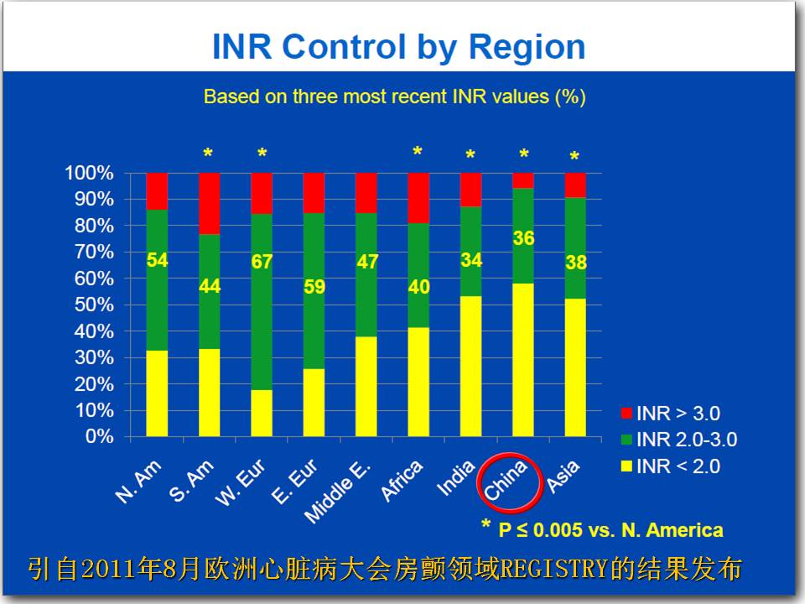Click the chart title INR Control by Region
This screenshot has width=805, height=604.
pos(399,47)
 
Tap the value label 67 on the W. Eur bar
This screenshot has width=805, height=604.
pos(262,262)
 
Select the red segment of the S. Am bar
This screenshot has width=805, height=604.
pos(210,203)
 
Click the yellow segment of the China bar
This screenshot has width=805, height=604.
pos(523,360)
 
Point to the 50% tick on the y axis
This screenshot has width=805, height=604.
pos(94,305)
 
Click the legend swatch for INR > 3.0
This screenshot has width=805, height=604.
pos(626,413)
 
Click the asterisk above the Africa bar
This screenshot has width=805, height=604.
pos(418,151)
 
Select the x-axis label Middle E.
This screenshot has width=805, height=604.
pos(337,492)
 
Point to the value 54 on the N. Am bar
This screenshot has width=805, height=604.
pos(157,260)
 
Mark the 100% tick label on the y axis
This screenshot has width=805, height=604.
pos(90,173)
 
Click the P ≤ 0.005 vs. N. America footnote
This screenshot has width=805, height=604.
pos(611,530)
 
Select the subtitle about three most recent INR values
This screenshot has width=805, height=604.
pos(395,96)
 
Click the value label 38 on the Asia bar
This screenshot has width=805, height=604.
pos(576,263)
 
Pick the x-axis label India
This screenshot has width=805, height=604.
pos(456,478)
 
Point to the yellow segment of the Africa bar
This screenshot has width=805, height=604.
pos(418,383)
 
